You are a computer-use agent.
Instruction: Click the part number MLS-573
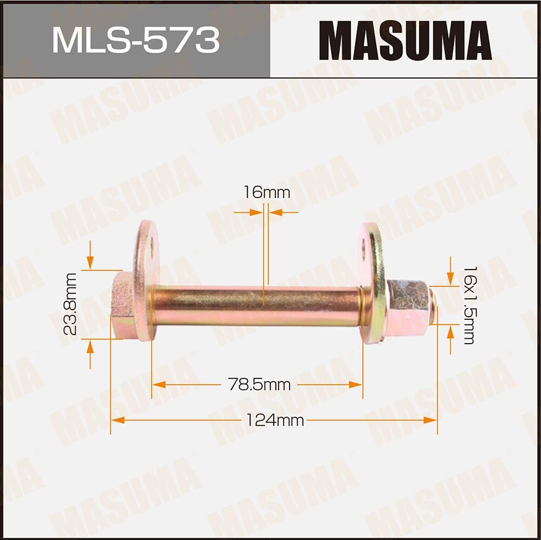tap(135, 40)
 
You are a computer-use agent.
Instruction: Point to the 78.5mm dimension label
tap(259, 385)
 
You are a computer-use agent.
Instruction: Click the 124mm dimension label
tap(275, 420)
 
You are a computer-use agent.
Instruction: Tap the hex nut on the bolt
tap(407, 306)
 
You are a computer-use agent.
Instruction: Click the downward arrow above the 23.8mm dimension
tap(90, 263)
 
